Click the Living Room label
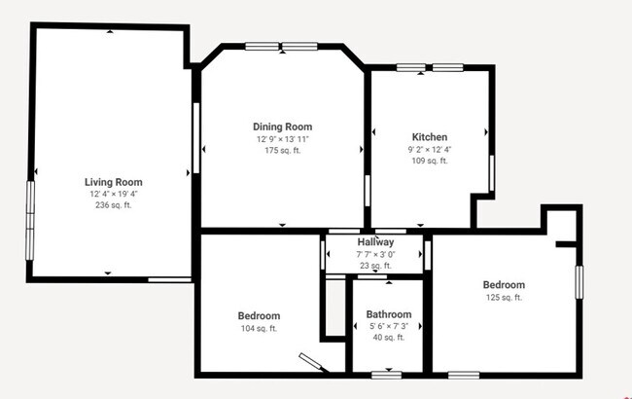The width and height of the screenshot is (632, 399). click(x=114, y=182)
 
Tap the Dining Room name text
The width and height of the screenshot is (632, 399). click(x=282, y=127)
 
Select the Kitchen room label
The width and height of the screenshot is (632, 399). click(x=429, y=137)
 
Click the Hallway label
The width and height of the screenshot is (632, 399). click(x=375, y=241)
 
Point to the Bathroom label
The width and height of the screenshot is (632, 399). click(x=388, y=314)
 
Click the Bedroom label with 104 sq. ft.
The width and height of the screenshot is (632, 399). click(x=259, y=315)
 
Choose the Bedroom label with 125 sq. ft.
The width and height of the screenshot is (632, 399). click(x=504, y=284)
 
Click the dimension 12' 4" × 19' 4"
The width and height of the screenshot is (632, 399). click(x=114, y=194)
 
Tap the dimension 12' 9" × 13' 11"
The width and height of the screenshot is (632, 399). click(x=282, y=139)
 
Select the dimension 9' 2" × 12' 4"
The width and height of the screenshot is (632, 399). click(x=429, y=149)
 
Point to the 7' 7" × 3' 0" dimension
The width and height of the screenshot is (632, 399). click(x=375, y=253)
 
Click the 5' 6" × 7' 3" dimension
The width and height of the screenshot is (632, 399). click(x=388, y=326)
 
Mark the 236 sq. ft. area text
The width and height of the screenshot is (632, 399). click(x=114, y=205)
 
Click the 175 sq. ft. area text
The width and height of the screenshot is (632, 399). click(x=282, y=151)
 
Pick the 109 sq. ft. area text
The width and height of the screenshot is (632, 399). click(x=429, y=161)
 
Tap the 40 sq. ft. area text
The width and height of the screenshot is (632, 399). click(x=388, y=338)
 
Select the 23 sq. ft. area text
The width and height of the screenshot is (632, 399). click(x=375, y=265)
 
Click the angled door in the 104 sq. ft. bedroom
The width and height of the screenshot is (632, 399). click(x=314, y=362)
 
